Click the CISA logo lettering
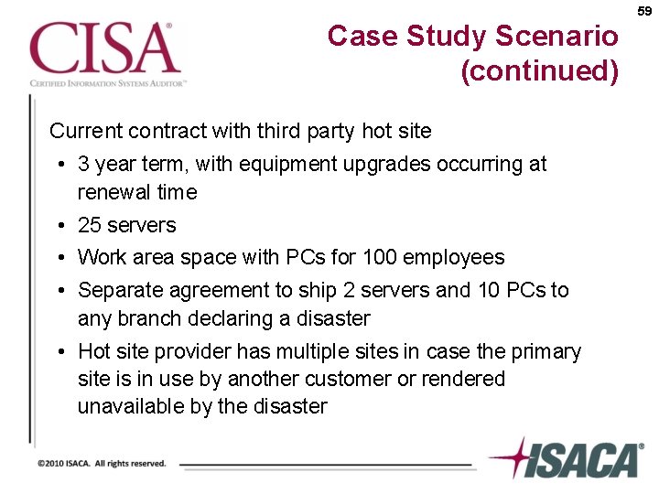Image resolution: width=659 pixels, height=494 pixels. coord(102,48)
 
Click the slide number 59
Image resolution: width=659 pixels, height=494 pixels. coord(643,11)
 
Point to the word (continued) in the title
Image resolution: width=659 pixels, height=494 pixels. coord(540,70)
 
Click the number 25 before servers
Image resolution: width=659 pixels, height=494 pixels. coord(90,225)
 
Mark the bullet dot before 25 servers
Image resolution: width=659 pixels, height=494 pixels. coord(59,225)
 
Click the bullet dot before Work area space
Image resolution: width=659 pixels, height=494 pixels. coord(59,258)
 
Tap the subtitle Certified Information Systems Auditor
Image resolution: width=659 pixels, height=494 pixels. coord(108,82)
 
